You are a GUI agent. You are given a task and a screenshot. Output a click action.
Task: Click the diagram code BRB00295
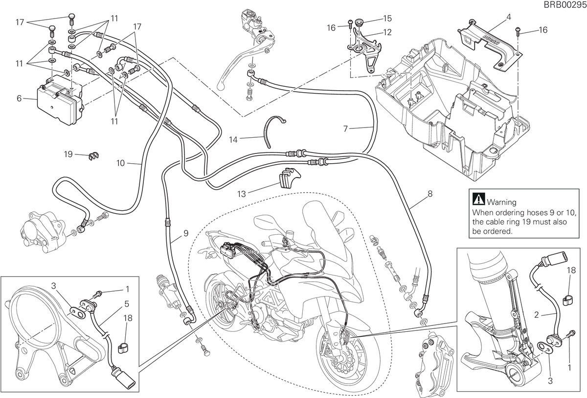[565, 5]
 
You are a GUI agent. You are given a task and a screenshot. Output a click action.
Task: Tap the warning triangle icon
[478, 199]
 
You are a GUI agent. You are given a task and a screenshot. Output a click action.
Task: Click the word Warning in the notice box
[501, 202]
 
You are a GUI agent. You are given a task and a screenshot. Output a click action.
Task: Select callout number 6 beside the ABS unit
[19, 99]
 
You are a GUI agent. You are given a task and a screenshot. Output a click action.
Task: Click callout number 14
[233, 140]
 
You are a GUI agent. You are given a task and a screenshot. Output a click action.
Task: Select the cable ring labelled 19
[93, 156]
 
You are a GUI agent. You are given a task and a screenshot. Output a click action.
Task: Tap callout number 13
[241, 194]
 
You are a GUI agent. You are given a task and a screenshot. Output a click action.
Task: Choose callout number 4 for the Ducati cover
[509, 17]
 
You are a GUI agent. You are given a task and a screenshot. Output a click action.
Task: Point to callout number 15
[387, 18]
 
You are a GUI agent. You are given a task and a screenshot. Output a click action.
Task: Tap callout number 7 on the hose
[345, 128]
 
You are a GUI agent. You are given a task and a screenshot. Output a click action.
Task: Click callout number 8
[430, 194]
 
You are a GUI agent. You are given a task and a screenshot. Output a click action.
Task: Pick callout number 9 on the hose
[186, 233]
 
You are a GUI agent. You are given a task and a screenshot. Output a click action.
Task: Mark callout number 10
[120, 163]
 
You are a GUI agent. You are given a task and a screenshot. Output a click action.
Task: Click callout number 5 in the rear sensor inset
[127, 304]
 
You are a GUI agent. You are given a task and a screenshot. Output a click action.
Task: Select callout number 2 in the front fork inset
[537, 315]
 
